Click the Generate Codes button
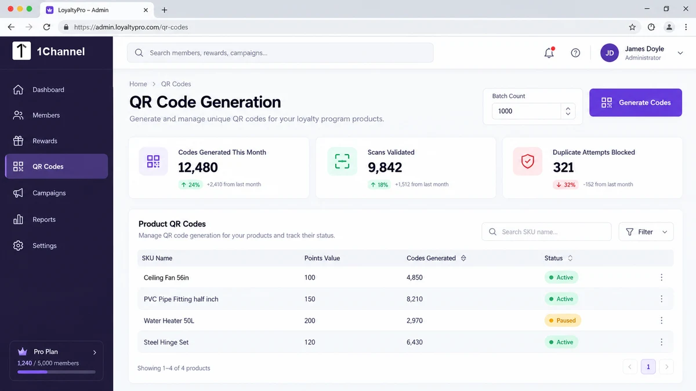(x=636, y=103)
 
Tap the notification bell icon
(x=549, y=53)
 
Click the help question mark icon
(x=575, y=53)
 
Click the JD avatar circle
(x=610, y=53)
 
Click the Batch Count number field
(x=527, y=111)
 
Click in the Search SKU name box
(x=546, y=232)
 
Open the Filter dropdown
(x=646, y=232)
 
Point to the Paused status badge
(x=563, y=320)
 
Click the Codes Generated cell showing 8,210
(x=415, y=299)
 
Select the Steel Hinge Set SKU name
(x=166, y=342)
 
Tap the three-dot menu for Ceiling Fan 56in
(x=662, y=277)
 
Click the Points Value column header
(x=322, y=258)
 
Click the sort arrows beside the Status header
(x=570, y=258)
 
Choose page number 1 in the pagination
(x=648, y=367)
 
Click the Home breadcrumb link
(x=138, y=84)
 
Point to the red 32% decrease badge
(x=565, y=185)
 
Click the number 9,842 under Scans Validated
(x=385, y=167)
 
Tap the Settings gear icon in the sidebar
(x=18, y=246)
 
